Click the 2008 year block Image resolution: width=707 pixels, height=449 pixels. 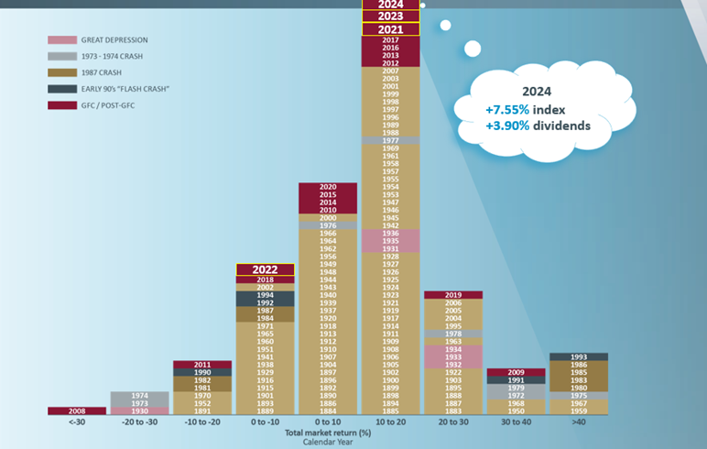(x=77, y=411)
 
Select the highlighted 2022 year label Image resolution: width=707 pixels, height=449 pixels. (x=265, y=269)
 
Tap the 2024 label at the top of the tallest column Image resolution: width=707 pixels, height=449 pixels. (x=391, y=4)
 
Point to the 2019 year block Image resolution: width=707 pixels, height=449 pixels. (x=453, y=295)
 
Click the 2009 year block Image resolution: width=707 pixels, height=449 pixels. (x=516, y=372)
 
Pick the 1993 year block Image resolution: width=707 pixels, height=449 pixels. (x=579, y=356)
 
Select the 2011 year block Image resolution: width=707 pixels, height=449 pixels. (x=202, y=365)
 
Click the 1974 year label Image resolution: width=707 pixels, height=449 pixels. (x=139, y=396)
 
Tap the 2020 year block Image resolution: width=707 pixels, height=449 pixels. (x=328, y=187)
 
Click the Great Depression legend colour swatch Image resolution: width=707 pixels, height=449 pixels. (x=61, y=40)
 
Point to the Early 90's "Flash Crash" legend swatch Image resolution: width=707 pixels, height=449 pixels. (x=61, y=89)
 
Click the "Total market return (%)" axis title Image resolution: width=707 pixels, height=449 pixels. (x=328, y=432)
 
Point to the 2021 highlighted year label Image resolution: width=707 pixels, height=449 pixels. (x=391, y=29)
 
